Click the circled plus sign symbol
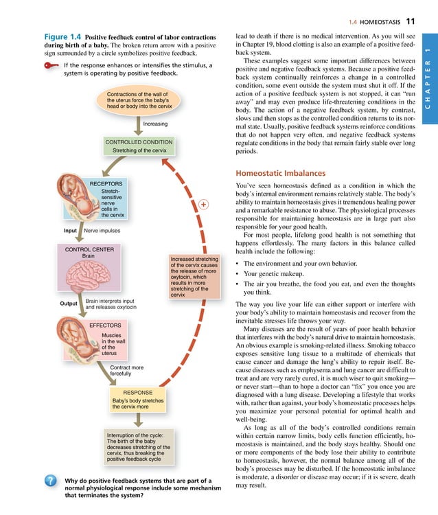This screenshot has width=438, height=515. [203, 205]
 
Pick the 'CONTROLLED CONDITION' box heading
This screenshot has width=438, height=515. [139, 142]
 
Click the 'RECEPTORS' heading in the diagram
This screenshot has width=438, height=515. [106, 184]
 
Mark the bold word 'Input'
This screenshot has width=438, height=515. [69, 231]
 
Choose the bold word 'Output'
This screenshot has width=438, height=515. [69, 303]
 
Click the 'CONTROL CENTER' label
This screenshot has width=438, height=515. [89, 249]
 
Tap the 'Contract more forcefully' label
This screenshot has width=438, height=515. [126, 371]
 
